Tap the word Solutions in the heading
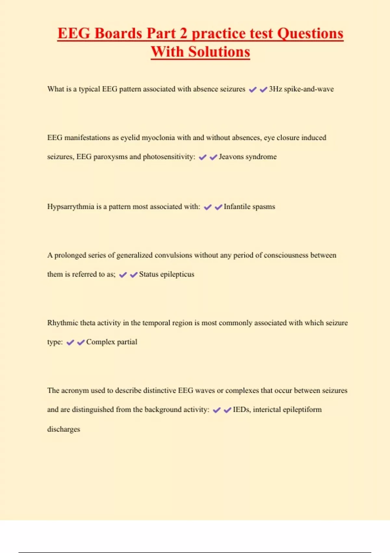click(x=219, y=52)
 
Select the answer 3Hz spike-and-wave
click(x=301, y=89)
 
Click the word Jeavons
click(x=231, y=157)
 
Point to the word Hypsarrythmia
click(x=71, y=207)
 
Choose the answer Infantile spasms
click(x=249, y=207)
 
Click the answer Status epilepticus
click(x=166, y=274)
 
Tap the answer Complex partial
click(x=111, y=342)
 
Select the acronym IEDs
click(x=241, y=410)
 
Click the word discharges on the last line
click(x=63, y=429)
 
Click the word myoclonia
click(x=158, y=138)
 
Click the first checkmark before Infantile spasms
click(x=208, y=207)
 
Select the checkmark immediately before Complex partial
click(x=81, y=342)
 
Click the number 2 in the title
click(x=184, y=34)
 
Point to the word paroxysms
click(x=110, y=157)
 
